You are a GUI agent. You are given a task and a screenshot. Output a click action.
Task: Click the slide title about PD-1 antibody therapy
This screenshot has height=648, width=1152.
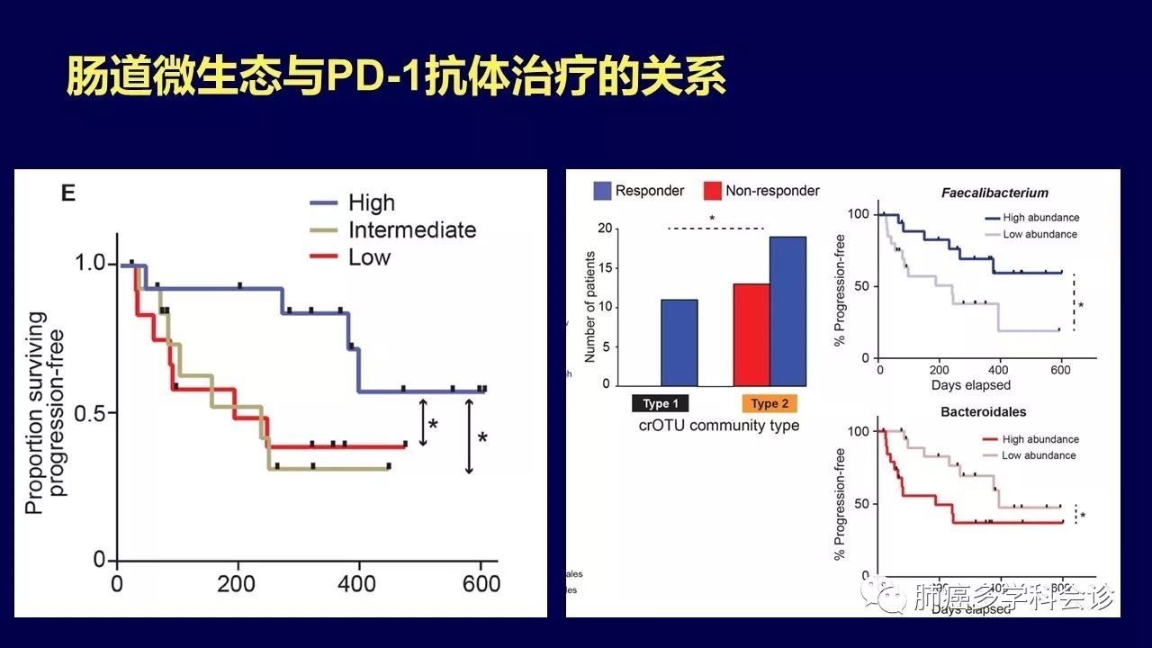[x=396, y=77]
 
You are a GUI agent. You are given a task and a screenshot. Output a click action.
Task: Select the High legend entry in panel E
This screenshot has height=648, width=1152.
[x=372, y=203]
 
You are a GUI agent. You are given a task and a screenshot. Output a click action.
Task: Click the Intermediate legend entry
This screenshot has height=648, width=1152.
[x=412, y=229]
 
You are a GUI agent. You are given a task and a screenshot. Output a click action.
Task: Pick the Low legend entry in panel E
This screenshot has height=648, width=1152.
[x=370, y=257]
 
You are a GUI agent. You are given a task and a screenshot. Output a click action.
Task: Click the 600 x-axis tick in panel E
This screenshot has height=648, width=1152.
[x=481, y=583]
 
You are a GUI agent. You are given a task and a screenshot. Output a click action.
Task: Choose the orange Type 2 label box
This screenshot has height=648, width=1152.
[x=769, y=403]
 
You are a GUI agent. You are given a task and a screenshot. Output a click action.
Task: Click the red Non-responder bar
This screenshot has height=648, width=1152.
[x=751, y=334]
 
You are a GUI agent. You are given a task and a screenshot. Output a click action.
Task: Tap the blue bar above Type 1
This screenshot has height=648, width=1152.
[x=679, y=342]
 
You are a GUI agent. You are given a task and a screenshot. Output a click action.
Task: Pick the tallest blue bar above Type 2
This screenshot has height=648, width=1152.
[x=788, y=310]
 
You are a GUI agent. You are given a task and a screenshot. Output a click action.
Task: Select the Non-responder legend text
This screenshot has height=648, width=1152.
[x=773, y=191]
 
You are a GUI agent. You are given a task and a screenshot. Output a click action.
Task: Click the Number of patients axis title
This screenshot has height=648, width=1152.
[x=590, y=307]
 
